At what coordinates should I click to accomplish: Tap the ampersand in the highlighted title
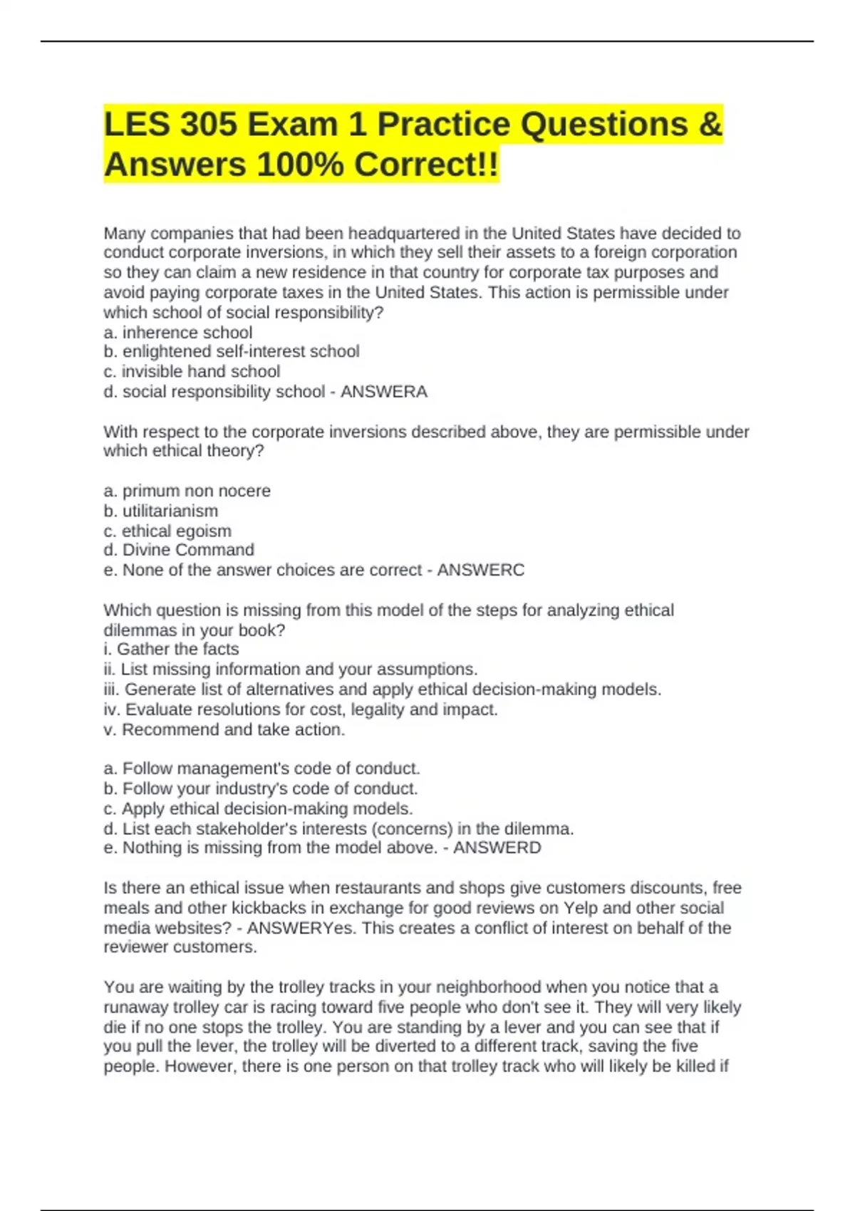coord(710,125)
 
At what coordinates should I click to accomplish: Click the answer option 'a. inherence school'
coord(178,333)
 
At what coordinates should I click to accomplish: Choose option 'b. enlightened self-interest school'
coord(232,352)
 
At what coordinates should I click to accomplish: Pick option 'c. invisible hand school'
coord(192,372)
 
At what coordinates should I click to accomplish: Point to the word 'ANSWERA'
coord(384,392)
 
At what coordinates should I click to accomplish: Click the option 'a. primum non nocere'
coord(187,491)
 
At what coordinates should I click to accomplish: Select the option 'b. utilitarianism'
coord(161,511)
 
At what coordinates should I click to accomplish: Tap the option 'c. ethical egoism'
coord(167,531)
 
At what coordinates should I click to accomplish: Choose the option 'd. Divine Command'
coord(179,550)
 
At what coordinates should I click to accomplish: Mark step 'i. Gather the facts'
coord(171,649)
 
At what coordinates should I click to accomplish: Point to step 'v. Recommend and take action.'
coord(224,729)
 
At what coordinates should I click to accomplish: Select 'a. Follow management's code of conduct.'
coord(262,769)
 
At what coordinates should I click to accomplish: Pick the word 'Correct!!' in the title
coord(427,165)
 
